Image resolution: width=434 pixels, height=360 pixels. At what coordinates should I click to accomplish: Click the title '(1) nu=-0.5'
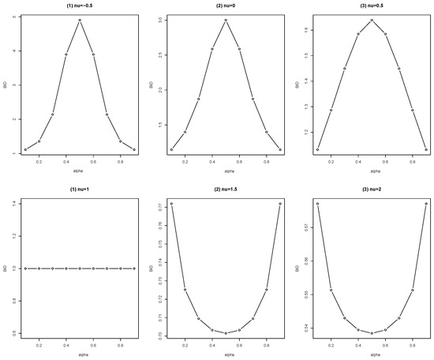coord(80,6)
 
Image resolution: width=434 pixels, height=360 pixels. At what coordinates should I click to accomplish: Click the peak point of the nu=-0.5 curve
coord(80,21)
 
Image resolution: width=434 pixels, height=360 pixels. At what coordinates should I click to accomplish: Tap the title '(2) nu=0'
coord(225,6)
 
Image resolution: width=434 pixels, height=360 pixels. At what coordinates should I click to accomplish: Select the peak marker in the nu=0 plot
coord(226,21)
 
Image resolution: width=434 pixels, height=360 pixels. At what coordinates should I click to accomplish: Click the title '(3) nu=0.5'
coord(372,6)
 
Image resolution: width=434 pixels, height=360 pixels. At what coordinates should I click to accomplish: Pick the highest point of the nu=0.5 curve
coord(372,21)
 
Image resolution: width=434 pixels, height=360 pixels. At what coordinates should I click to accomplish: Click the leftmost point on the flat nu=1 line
coord(25,268)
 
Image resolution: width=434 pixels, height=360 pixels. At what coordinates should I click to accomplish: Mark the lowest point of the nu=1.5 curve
coord(226,333)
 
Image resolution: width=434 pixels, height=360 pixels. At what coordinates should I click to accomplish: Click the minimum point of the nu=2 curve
coord(372,333)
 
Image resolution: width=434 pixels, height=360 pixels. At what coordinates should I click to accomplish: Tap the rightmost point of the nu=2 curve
coord(426,204)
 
